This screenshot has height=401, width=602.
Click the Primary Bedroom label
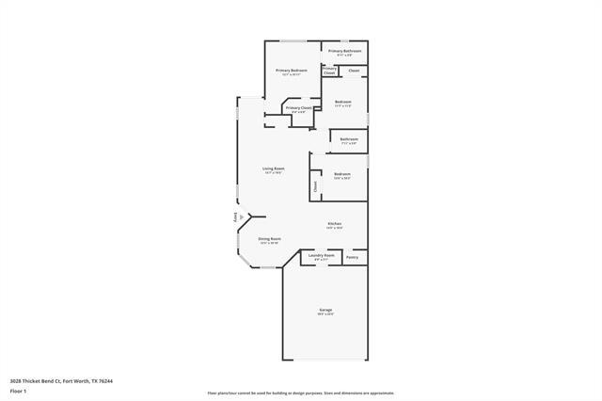click(292, 71)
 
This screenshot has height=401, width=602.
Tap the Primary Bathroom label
click(345, 51)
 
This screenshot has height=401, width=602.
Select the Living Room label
click(274, 168)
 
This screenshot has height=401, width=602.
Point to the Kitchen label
click(334, 223)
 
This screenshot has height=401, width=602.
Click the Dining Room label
click(269, 239)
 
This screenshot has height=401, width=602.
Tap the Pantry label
click(352, 257)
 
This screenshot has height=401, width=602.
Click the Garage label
click(325, 310)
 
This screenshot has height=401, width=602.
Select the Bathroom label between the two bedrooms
click(349, 139)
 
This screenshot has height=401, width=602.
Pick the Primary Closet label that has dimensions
click(298, 108)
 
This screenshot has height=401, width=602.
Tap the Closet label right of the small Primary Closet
click(354, 71)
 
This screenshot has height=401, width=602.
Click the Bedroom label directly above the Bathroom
click(343, 102)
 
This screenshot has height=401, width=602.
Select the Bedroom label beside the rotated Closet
click(342, 173)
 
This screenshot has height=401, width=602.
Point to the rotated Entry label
click(234, 217)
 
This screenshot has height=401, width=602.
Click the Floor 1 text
click(17, 391)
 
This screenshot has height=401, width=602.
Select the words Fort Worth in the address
click(79, 381)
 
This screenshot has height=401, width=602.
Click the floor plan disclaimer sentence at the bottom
click(301, 393)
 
